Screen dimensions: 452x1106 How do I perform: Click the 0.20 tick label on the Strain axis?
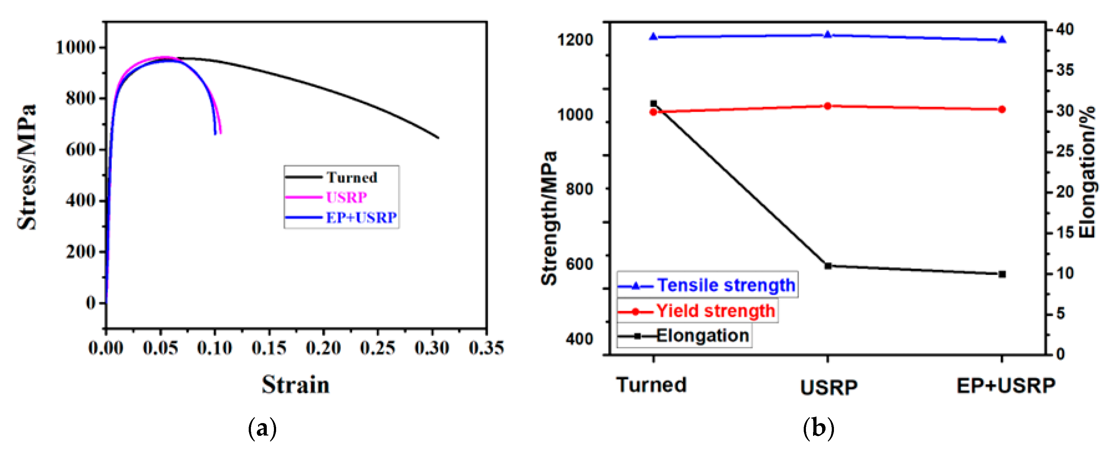(323, 348)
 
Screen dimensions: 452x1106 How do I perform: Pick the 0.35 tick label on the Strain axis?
(486, 348)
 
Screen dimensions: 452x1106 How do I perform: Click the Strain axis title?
(295, 384)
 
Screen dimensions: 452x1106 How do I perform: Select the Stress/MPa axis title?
(27, 167)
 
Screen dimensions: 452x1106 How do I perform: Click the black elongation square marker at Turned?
(653, 104)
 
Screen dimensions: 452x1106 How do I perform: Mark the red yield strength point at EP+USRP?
(1002, 110)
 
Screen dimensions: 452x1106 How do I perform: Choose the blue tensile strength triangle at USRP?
(828, 34)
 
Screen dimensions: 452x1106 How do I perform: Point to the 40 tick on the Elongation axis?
(1065, 30)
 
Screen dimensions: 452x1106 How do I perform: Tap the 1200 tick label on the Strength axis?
(575, 40)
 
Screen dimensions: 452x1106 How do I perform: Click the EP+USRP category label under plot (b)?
(1005, 385)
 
